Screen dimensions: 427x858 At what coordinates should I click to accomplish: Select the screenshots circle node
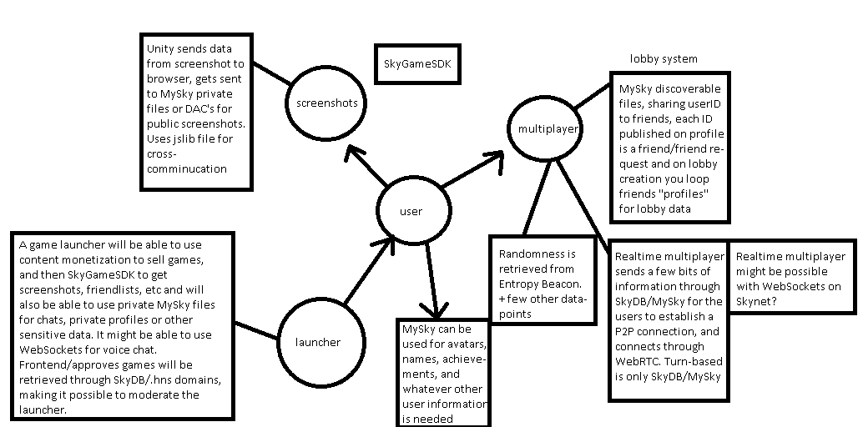point(326,103)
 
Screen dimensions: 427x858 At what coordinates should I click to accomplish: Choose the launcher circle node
point(317,342)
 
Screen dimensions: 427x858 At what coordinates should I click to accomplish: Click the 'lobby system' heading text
point(664,59)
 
